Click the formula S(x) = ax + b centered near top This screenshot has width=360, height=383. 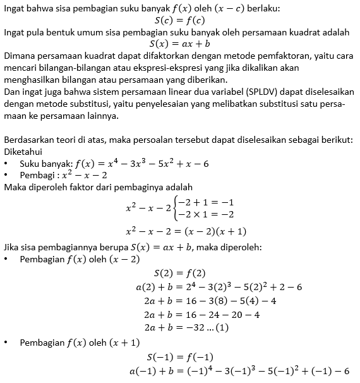coord(179,44)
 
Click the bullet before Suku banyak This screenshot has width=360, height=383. coord(6,164)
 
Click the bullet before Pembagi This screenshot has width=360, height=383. coord(6,175)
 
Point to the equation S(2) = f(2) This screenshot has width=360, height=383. coord(180,274)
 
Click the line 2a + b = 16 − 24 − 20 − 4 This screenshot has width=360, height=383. coord(198,314)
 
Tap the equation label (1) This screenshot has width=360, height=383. coord(222,328)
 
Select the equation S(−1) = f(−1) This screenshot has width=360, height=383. coord(179,357)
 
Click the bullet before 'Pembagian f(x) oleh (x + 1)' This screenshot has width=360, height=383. coord(6,343)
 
